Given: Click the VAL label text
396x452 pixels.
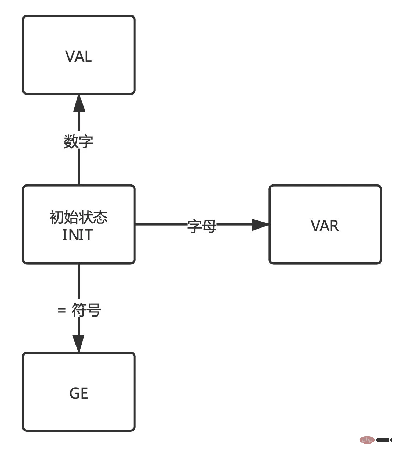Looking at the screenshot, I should (78, 57).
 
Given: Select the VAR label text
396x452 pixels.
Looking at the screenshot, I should (325, 226).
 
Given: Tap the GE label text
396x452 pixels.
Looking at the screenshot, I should (79, 393).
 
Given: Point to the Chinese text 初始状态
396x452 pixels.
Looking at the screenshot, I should (78, 217).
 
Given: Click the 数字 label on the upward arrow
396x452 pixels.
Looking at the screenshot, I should (79, 141).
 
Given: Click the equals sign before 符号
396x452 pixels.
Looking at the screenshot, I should (61, 310).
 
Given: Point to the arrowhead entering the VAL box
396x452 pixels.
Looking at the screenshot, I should (79, 103).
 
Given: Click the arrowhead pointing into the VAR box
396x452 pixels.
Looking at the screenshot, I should (260, 225).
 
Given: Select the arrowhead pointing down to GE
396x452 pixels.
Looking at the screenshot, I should (79, 343).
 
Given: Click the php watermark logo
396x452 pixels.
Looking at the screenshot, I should (367, 440).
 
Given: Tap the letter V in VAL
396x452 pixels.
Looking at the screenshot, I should (70, 57).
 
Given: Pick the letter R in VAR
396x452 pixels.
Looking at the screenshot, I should (334, 226).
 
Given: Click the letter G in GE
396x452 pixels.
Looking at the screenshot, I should (74, 393).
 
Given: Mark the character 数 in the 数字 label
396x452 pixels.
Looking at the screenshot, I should (71, 141).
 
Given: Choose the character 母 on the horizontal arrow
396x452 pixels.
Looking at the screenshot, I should (209, 226).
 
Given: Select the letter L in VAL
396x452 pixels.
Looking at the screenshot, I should (88, 57).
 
